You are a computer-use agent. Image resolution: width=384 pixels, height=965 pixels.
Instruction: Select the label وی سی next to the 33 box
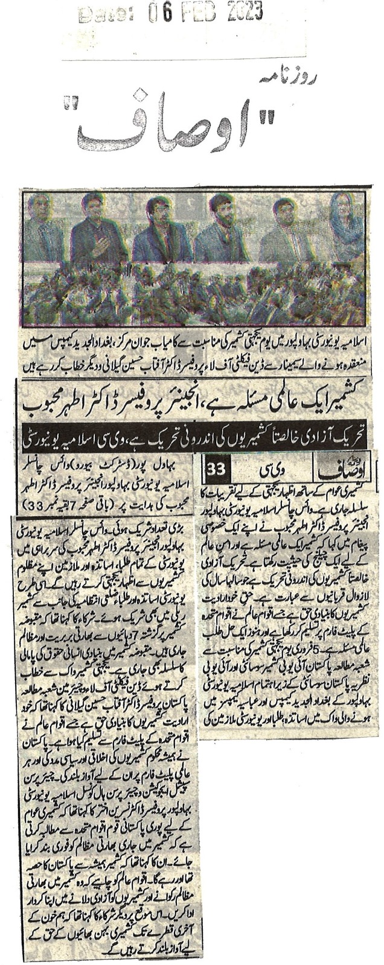275,468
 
